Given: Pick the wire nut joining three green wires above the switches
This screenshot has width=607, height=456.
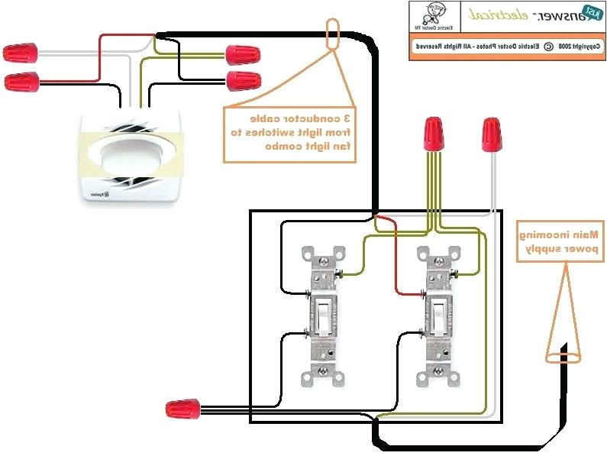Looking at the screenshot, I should point(434,135).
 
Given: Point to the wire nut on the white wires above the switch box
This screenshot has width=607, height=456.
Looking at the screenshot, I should point(492,135).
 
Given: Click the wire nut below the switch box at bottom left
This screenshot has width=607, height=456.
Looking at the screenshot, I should point(183,409).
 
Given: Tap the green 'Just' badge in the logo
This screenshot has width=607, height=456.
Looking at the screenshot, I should point(590,12).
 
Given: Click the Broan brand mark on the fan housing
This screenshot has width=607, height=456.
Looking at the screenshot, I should point(97,196).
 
